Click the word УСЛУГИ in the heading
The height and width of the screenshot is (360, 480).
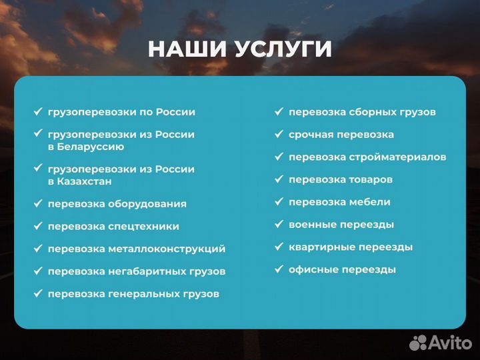[283, 49]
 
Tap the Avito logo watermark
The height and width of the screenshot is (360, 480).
[440, 342]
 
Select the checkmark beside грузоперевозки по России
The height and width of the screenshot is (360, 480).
[38, 112]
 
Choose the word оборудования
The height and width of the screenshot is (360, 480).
[147, 204]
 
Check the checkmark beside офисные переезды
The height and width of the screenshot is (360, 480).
[279, 269]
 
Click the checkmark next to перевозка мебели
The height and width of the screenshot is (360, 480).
[279, 202]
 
